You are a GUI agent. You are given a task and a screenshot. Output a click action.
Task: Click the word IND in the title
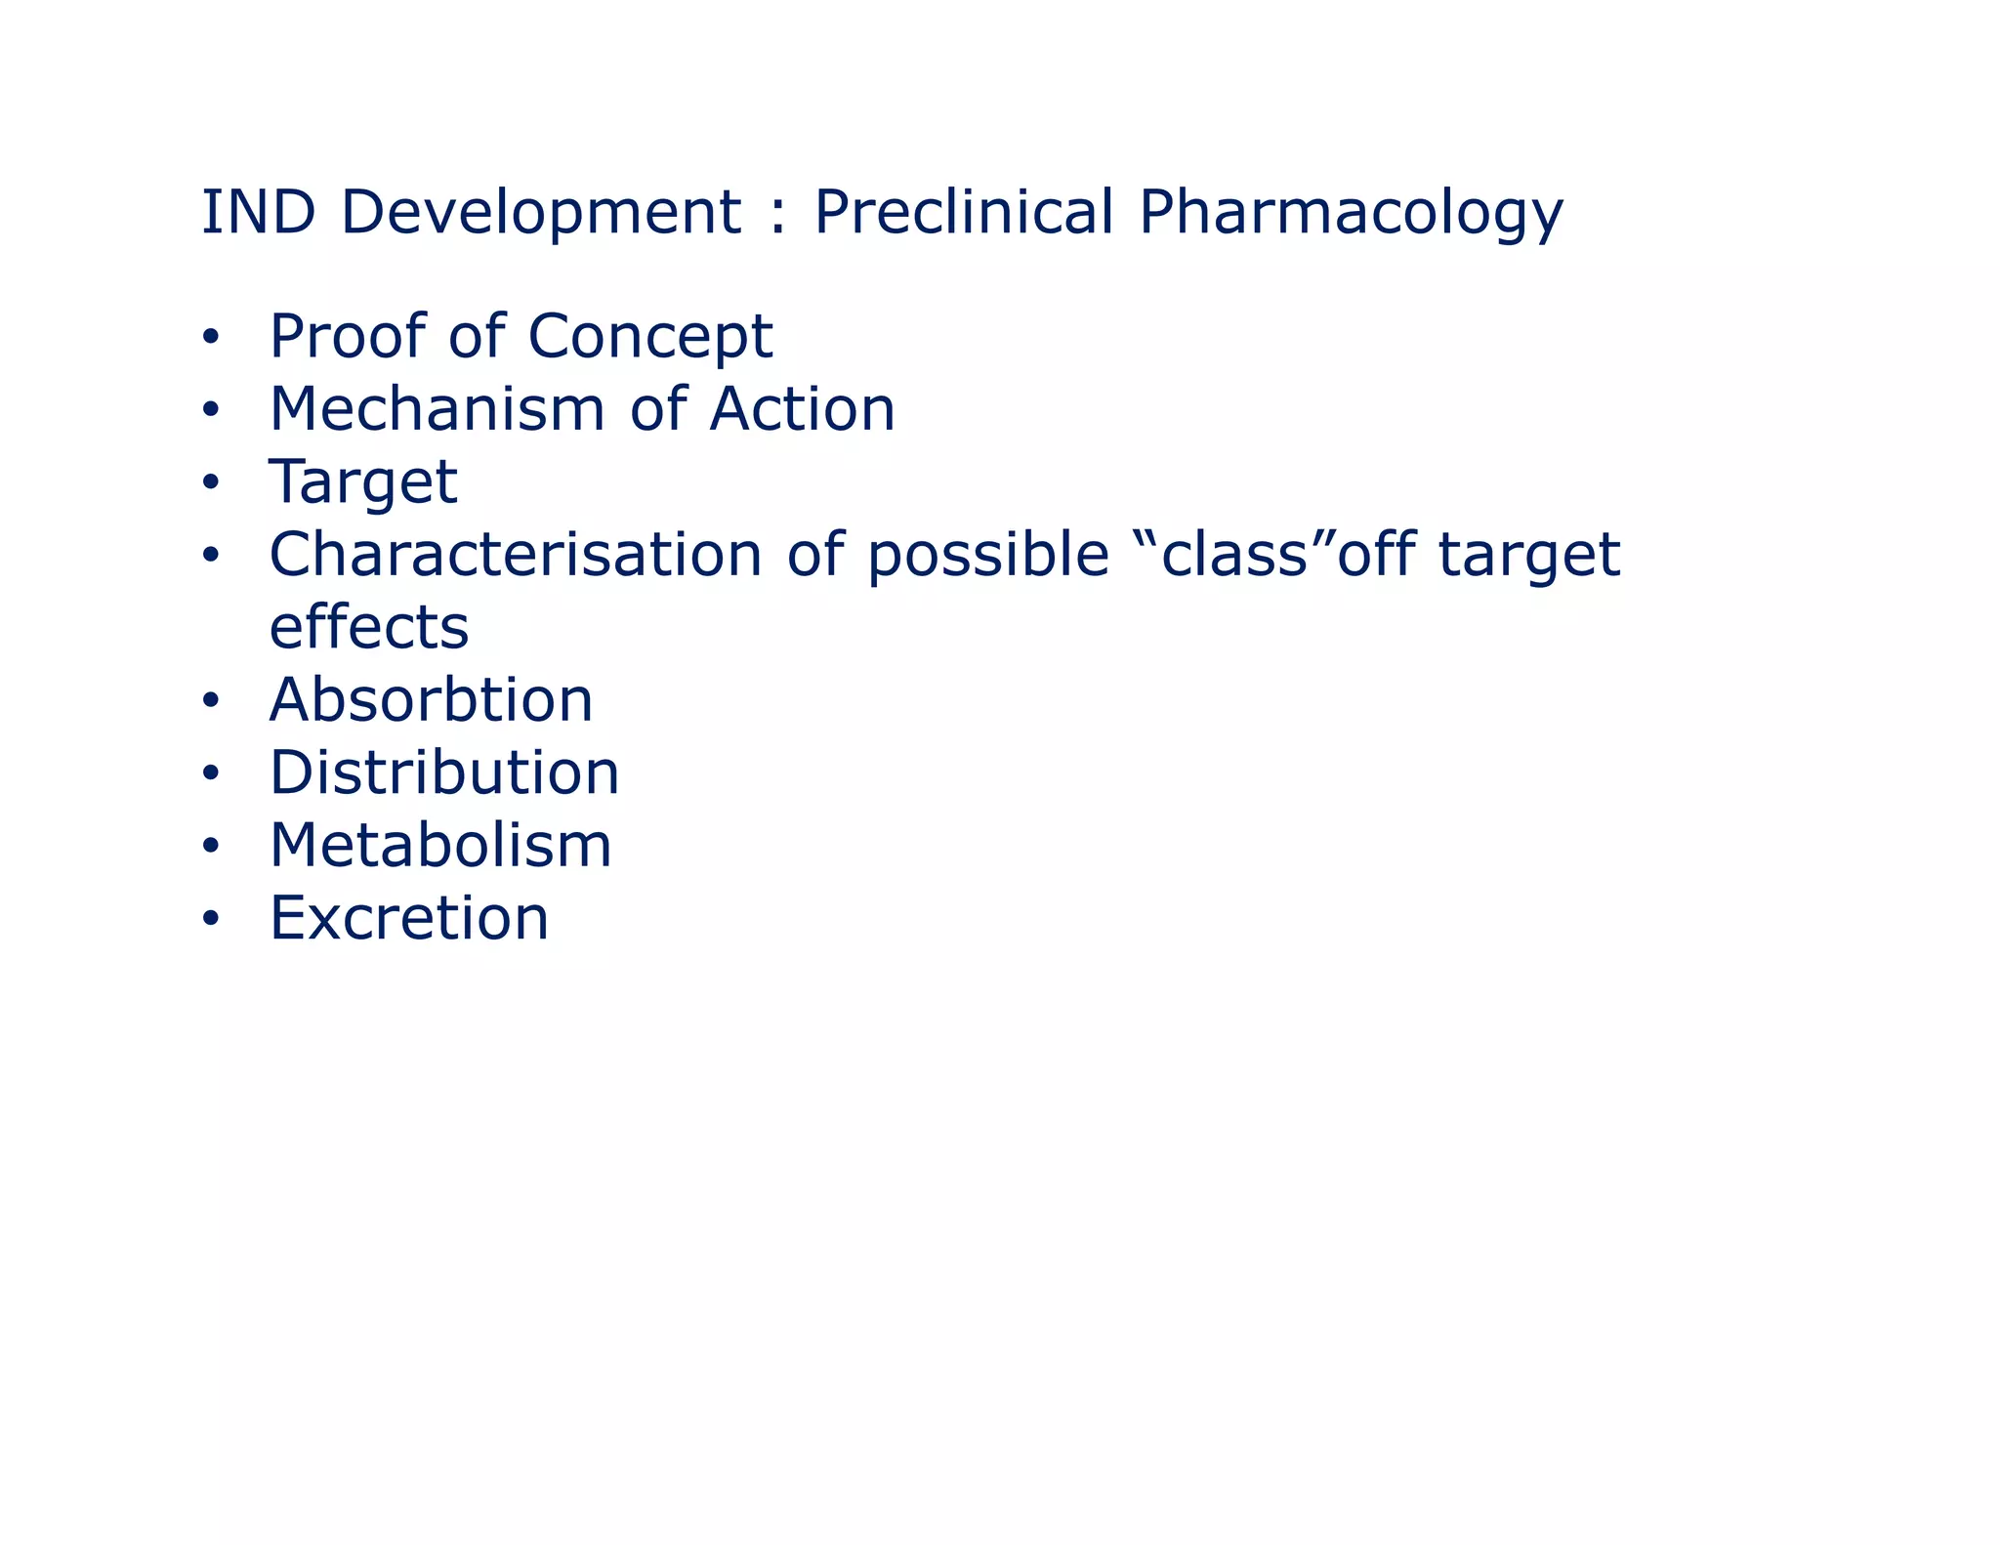tap(258, 212)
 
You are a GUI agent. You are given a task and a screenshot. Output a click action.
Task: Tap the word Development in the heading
tap(540, 214)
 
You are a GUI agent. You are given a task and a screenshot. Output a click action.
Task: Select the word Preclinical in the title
tap(963, 212)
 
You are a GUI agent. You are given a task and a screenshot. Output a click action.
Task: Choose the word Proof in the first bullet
tap(347, 338)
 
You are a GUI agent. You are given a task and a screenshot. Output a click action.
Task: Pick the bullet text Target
tap(363, 483)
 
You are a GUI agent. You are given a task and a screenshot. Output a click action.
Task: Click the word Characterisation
tap(515, 555)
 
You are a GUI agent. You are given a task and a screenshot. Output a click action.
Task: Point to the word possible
tap(987, 557)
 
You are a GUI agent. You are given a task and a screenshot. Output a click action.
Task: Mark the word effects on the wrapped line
tap(369, 627)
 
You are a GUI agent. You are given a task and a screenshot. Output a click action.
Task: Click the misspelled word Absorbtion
tap(431, 700)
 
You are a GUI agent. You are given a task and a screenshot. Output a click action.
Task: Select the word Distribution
tap(444, 772)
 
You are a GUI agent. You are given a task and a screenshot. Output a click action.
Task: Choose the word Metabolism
tap(440, 845)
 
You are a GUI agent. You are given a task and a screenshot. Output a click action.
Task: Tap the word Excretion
tap(409, 918)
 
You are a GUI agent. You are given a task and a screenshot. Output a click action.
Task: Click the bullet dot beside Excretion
tap(211, 919)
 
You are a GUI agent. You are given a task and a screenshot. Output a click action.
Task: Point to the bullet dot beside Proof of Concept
tap(211, 338)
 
